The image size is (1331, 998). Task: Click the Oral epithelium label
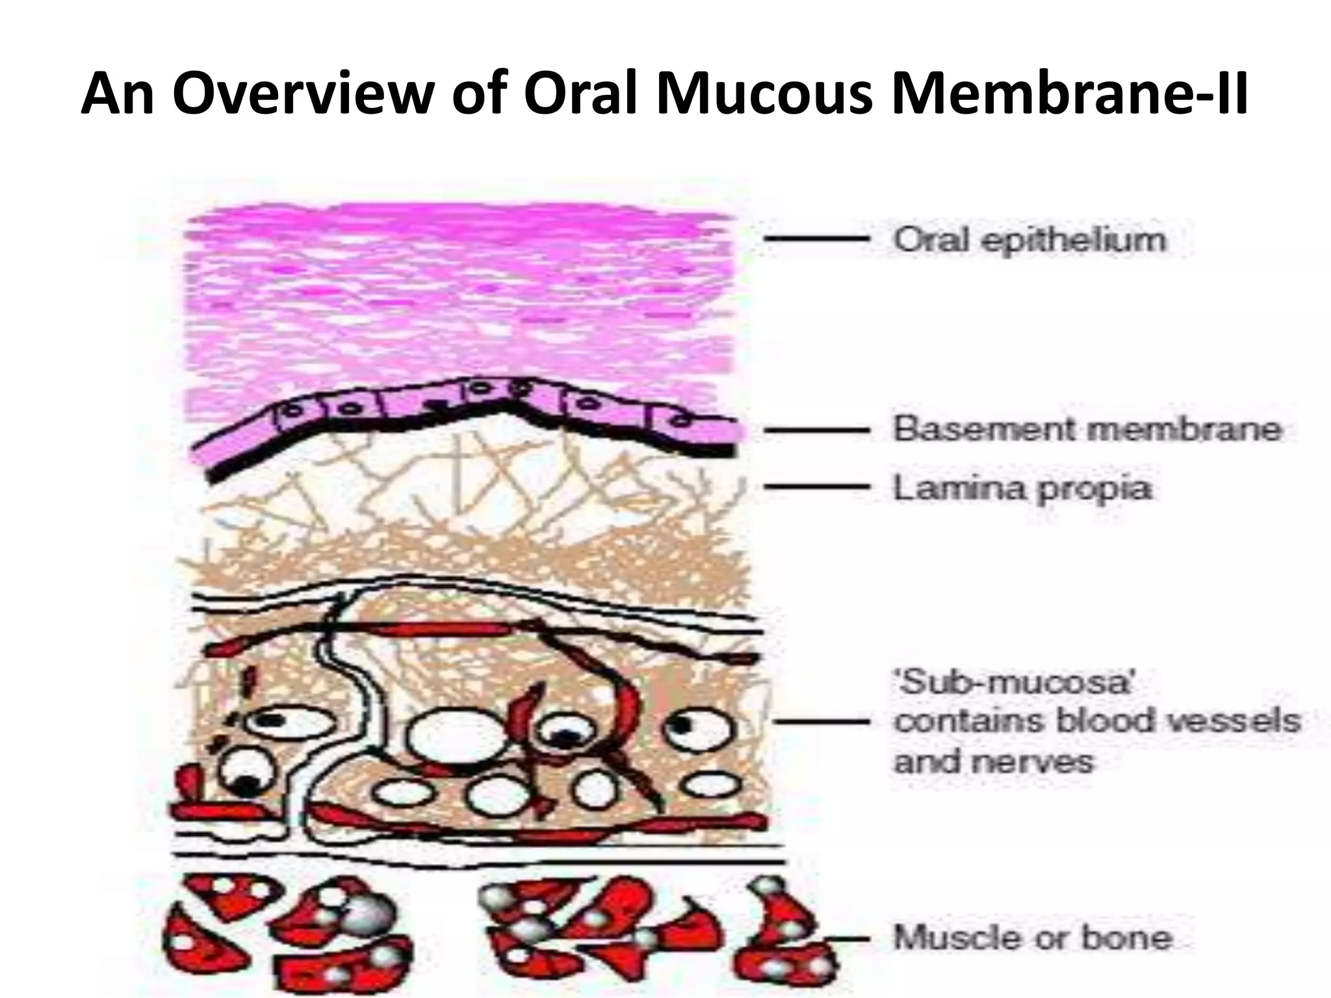[1030, 240]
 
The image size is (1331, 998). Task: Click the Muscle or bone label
[1033, 938]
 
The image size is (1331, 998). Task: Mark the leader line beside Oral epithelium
[816, 239]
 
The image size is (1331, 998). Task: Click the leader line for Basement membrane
[816, 429]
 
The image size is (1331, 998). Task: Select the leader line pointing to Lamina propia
[816, 486]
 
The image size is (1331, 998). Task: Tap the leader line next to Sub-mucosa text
[821, 721]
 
